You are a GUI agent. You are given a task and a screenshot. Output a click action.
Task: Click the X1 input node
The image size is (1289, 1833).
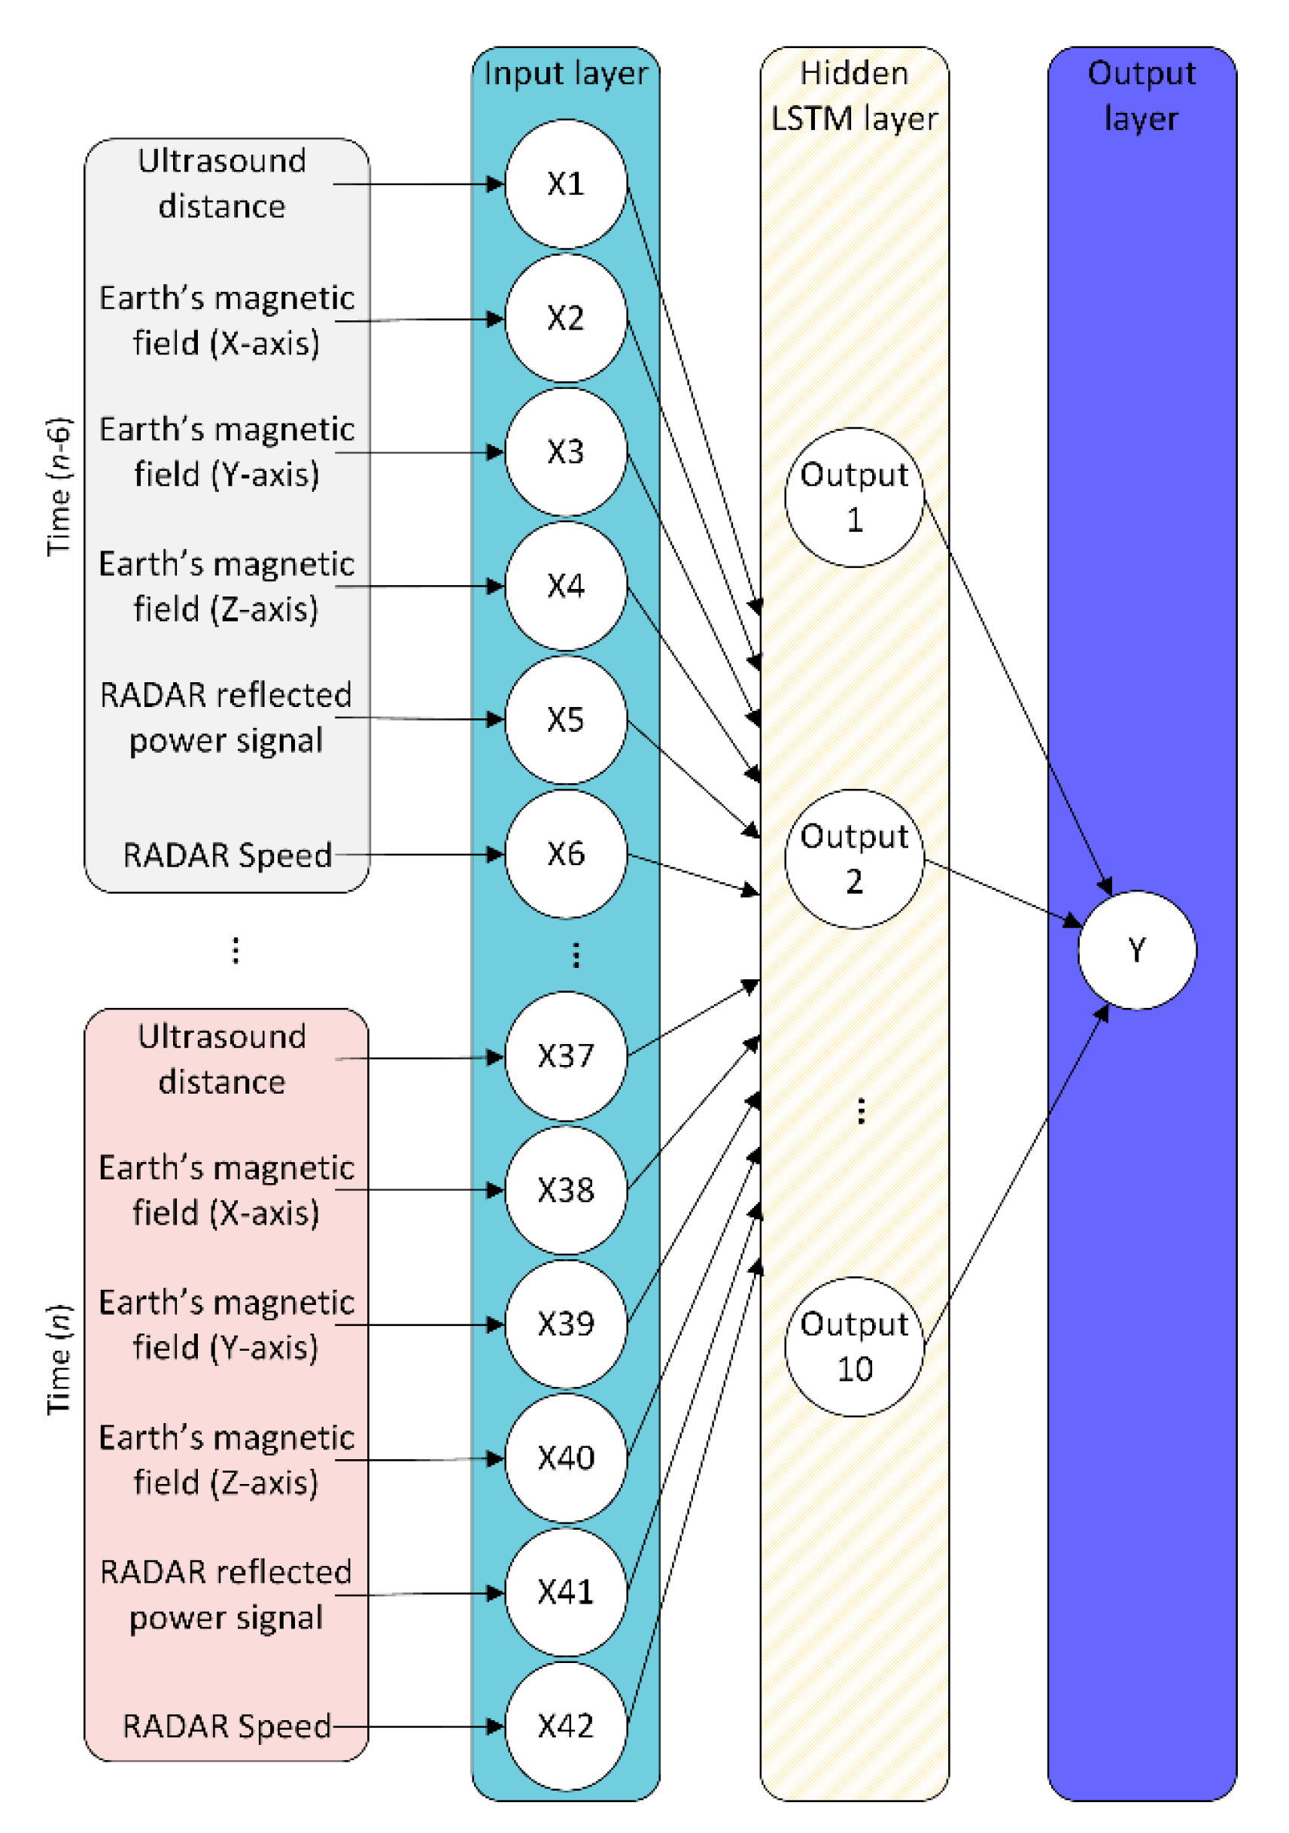(x=564, y=184)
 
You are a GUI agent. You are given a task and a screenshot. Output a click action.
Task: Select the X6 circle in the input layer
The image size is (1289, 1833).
(x=564, y=854)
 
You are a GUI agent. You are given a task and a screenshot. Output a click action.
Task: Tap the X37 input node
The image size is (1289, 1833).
(x=564, y=1055)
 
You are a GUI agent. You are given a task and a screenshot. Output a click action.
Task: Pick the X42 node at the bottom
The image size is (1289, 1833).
(x=564, y=1725)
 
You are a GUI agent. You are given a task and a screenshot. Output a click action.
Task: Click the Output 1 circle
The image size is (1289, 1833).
(x=854, y=496)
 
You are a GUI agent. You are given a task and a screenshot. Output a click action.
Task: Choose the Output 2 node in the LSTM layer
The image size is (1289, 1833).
(x=854, y=858)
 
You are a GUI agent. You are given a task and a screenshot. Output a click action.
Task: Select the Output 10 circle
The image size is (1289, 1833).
(x=854, y=1346)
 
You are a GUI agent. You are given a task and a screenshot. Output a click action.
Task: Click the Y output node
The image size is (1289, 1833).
(x=1136, y=949)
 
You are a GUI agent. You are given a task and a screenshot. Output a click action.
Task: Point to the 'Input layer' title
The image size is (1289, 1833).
(x=564, y=74)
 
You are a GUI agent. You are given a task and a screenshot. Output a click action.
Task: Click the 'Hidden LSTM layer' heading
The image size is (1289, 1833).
(x=854, y=96)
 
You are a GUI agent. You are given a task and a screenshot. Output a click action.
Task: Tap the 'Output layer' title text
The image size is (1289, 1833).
(x=1142, y=96)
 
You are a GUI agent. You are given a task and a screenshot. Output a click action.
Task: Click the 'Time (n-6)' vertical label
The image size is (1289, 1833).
(x=58, y=486)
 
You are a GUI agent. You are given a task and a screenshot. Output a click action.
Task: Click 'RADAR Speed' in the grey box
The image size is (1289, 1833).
(x=226, y=855)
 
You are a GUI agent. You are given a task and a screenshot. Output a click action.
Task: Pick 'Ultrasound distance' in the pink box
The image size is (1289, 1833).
(x=221, y=1058)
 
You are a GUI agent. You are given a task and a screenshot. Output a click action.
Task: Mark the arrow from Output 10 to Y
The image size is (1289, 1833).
(x=1014, y=1173)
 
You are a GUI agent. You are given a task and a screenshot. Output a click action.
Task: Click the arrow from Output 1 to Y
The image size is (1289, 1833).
(x=1014, y=694)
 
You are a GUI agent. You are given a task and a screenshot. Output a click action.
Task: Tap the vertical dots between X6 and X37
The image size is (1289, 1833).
(x=576, y=954)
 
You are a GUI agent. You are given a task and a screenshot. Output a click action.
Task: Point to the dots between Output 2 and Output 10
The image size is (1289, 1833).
(x=860, y=1110)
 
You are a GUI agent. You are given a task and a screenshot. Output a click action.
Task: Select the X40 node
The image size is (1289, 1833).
(x=564, y=1457)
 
